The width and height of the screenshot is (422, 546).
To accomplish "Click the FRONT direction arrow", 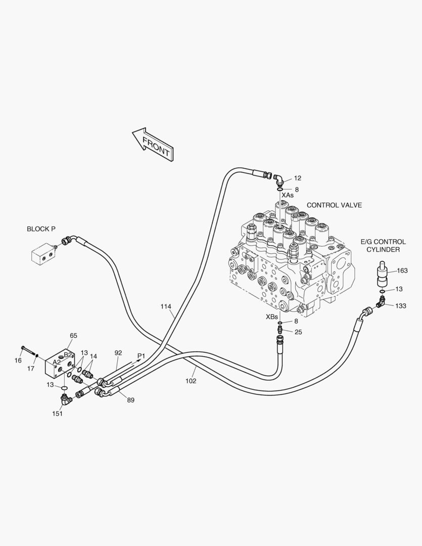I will pos(153,144).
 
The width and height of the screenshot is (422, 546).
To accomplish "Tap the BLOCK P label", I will pos(41,229).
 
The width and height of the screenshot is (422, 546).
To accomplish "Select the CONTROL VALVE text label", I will pos(334,205).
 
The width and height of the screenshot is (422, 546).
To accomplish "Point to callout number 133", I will pos(401,306).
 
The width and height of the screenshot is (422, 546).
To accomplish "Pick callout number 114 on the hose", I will pos(166,306).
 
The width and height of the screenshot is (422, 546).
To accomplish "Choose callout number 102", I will pos(191,381).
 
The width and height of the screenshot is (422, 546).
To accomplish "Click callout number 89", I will pos(130,400).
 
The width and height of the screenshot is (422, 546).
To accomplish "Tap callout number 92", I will pos(118,353).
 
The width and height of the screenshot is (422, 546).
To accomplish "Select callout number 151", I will pos(58,414).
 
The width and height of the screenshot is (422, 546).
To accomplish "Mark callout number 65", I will pos(73,335).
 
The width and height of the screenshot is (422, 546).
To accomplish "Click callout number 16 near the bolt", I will pos(18,360).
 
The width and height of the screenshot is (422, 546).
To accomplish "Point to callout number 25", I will pos(298,332).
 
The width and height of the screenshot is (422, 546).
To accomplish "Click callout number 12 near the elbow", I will pos(297,178).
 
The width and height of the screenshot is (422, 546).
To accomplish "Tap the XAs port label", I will pos(288,195).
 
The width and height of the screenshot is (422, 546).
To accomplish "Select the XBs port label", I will pos(271,317).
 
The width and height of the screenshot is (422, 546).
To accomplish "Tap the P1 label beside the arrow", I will pos(141,356).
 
